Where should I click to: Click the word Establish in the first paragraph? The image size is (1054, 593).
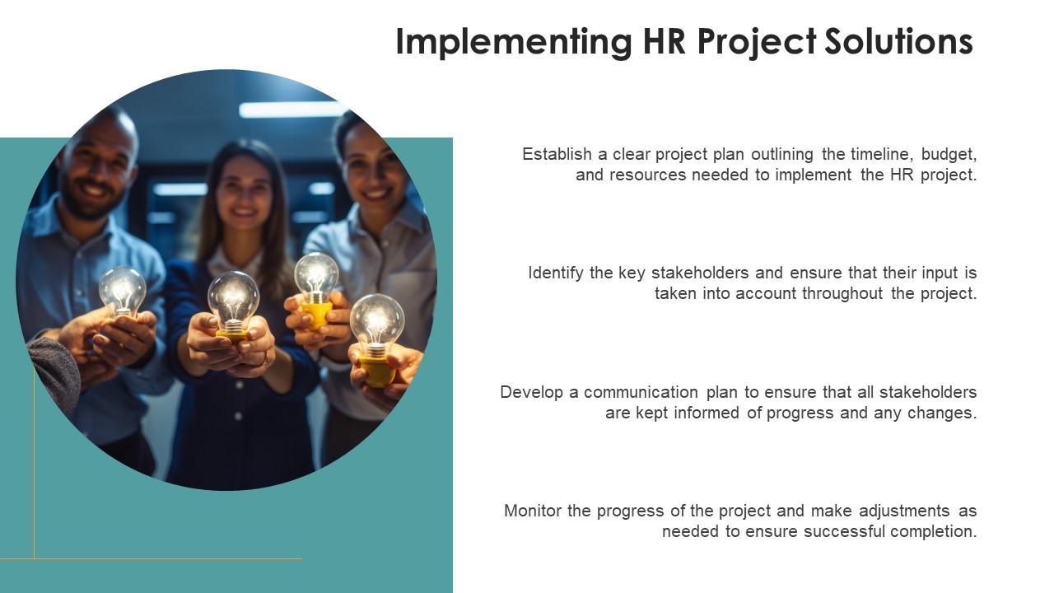pos(557,154)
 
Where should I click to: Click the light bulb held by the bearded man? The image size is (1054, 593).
pos(123,290)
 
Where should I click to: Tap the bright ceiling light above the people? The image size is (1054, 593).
pos(291,110)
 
